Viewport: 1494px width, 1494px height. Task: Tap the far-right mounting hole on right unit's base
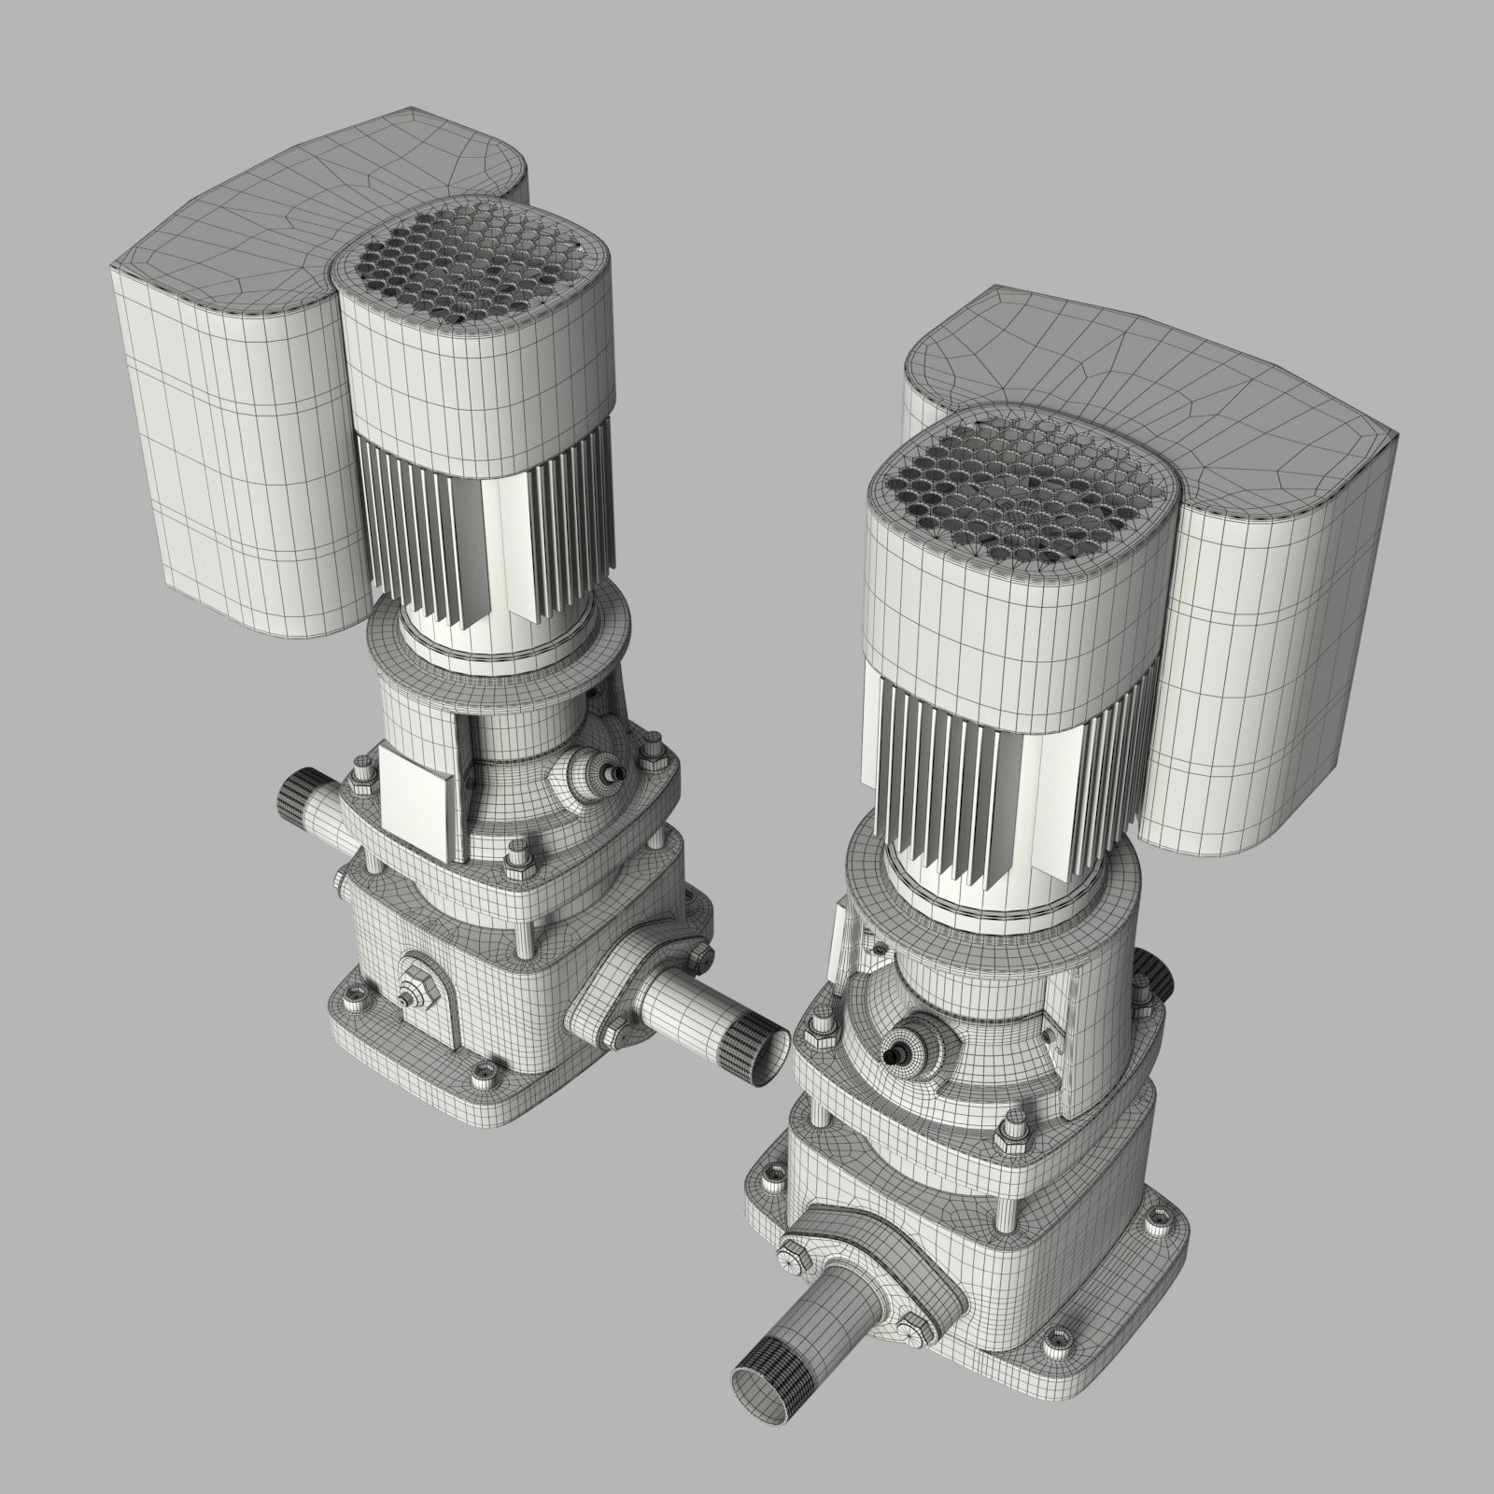[x=1161, y=1217]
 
